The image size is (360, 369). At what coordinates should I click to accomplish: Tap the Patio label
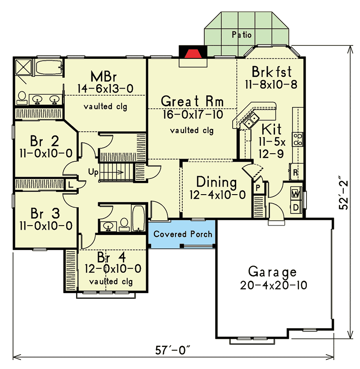point(242,34)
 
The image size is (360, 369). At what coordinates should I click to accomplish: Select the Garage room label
point(273,272)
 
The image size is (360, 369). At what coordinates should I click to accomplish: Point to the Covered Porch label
point(183,234)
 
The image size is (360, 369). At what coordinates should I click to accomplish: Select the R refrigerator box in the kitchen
point(295,172)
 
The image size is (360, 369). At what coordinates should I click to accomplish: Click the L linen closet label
point(71,184)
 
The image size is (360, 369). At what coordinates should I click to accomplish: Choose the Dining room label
point(216,182)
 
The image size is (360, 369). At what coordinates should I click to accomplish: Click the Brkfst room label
point(272,71)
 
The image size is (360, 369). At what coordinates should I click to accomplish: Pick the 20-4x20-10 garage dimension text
point(273,285)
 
